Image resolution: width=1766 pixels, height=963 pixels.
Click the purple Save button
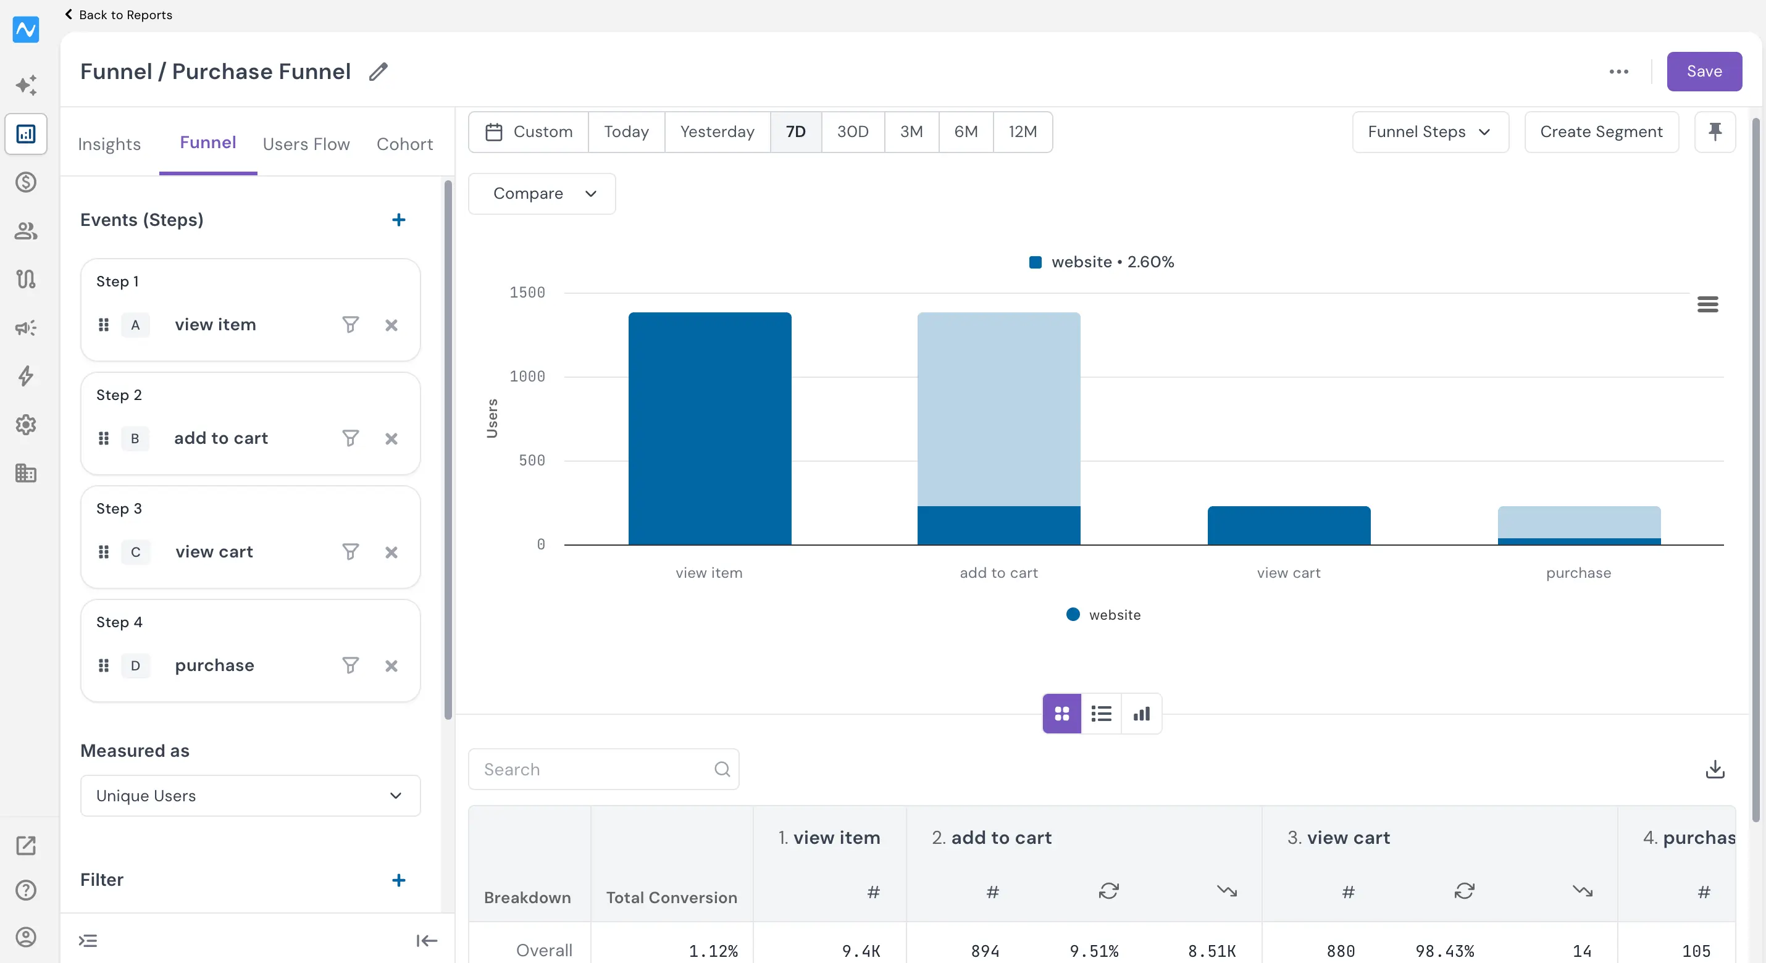coord(1704,71)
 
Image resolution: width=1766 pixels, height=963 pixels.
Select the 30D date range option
coord(852,131)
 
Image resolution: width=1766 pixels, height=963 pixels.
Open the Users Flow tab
coord(306,144)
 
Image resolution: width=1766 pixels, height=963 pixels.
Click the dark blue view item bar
coord(709,428)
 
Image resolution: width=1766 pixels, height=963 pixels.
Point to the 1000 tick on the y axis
coord(527,377)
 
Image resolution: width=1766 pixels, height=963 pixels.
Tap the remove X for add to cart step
coord(391,439)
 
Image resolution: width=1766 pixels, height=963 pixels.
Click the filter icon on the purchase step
coord(350,665)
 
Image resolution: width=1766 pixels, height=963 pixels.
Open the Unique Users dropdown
coord(250,796)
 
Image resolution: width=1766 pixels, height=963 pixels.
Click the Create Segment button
coord(1601,131)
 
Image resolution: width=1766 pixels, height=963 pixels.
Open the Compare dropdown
coord(542,194)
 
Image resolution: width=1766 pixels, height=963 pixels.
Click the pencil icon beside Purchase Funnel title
coord(379,71)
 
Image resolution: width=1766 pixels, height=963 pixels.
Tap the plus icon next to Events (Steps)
coord(398,220)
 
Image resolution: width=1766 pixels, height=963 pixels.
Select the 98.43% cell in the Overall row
coord(1444,951)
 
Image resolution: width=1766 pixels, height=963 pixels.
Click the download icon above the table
coord(1715,769)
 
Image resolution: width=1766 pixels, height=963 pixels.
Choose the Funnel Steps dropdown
coord(1430,131)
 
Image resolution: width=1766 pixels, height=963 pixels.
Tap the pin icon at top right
coord(1715,131)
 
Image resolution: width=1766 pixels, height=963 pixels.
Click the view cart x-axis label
coord(1288,573)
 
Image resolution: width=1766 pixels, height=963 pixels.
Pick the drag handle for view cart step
coord(104,552)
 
